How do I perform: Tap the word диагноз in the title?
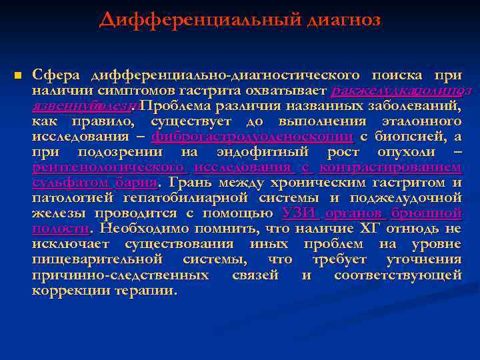[344, 21]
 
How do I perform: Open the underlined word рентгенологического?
[109, 167]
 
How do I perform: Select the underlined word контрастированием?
[390, 167]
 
